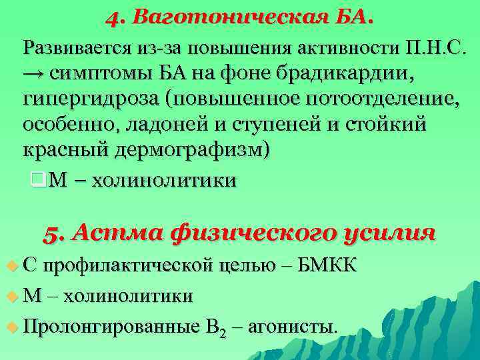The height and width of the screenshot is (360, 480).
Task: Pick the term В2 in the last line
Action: click(x=213, y=327)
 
